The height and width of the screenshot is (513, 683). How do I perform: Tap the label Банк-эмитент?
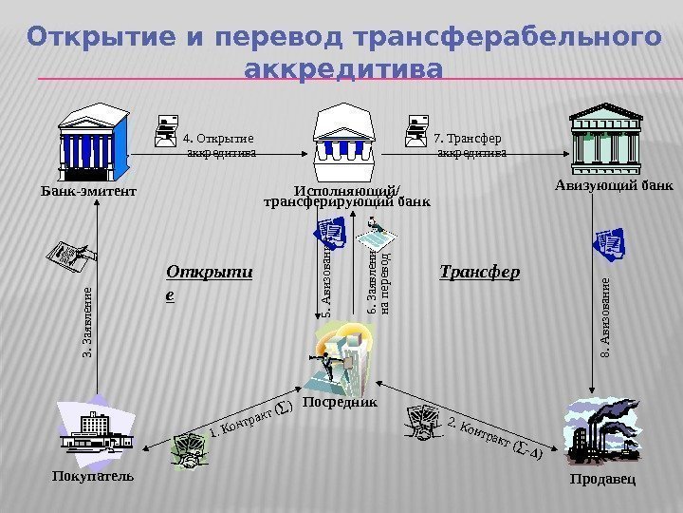[89, 191]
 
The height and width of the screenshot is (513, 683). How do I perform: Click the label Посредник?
[340, 403]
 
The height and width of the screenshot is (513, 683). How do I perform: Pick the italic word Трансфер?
[481, 273]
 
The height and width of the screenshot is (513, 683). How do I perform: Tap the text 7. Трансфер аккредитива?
[471, 143]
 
